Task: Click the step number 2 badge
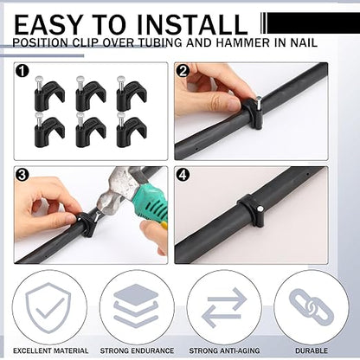[183, 71]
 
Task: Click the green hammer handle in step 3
[148, 209]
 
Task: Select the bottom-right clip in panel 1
[131, 130]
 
